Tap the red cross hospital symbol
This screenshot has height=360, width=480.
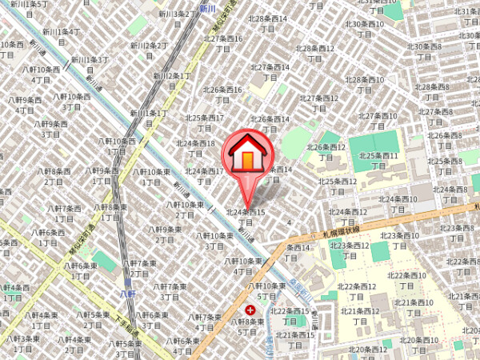coord(251,310)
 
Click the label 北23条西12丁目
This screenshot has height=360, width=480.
coord(347,250)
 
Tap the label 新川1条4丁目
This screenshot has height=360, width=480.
coord(62,36)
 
